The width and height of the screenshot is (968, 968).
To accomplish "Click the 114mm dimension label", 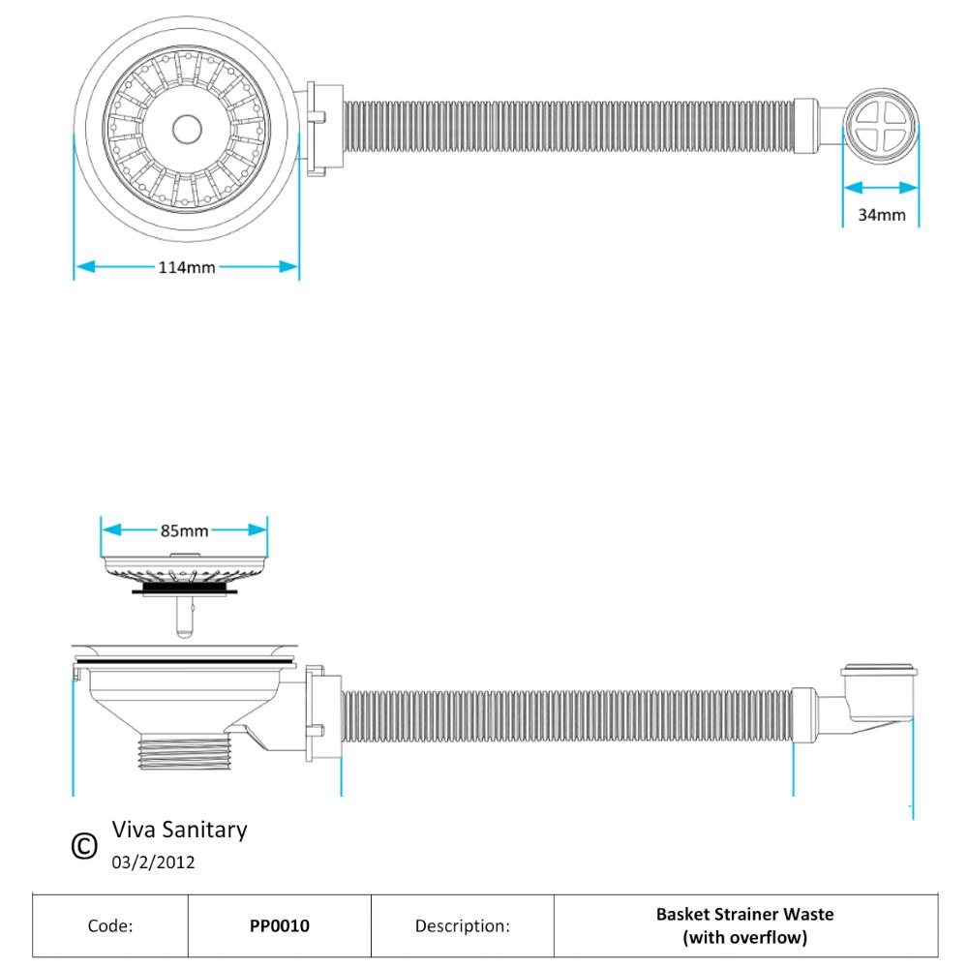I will tap(187, 267).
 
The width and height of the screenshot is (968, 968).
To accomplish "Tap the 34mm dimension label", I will tap(881, 215).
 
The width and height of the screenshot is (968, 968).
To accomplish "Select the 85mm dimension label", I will tap(184, 530).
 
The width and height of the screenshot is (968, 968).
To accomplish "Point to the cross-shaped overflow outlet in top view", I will tap(881, 130).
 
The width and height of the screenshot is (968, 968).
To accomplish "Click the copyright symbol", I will tap(85, 846).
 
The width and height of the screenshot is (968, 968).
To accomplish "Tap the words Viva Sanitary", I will tap(179, 830).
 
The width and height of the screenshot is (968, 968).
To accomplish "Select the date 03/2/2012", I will tap(154, 862).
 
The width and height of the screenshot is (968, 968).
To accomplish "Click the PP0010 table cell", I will tap(280, 925).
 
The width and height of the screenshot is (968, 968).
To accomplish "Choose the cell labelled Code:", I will tap(110, 925).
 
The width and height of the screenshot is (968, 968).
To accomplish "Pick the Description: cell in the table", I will tap(462, 925).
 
